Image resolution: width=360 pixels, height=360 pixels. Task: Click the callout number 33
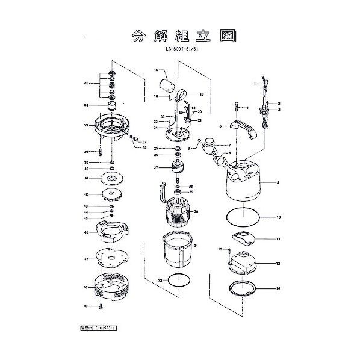pos(87,83)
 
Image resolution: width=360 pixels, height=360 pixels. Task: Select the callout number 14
pos(278,289)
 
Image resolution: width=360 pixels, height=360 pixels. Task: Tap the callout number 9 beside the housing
pos(278,182)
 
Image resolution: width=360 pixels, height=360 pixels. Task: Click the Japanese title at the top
pos(179,36)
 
